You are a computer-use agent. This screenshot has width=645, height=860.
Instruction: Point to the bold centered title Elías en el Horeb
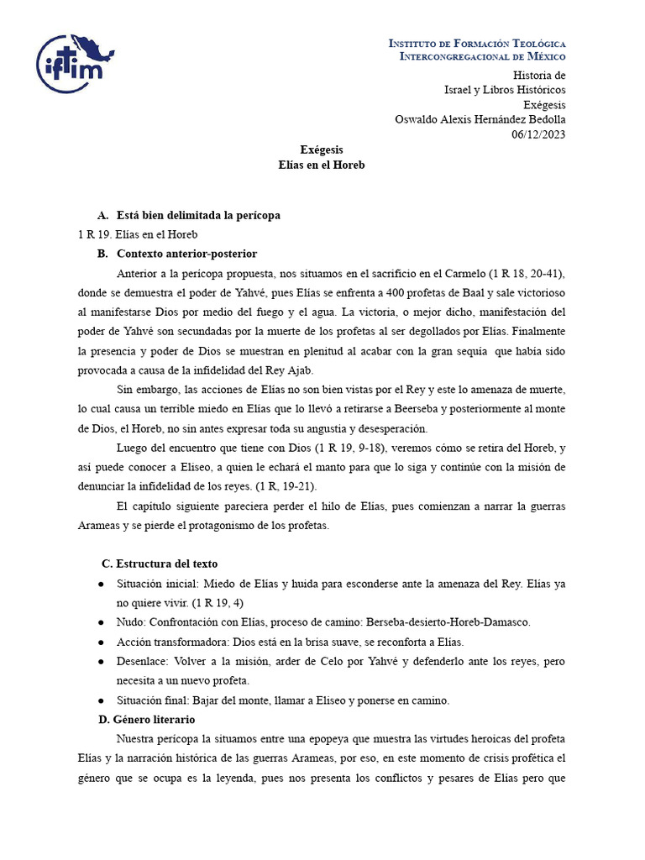pyautogui.click(x=322, y=165)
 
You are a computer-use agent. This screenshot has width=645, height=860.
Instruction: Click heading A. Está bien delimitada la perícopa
pyautogui.click(x=198, y=216)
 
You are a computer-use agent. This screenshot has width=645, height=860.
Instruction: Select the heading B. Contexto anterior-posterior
pyautogui.click(x=186, y=254)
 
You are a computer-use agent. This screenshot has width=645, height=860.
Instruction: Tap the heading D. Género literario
pyautogui.click(x=155, y=720)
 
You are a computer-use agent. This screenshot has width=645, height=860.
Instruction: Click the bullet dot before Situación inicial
pyautogui.click(x=101, y=584)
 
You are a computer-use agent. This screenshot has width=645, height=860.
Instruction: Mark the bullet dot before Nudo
pyautogui.click(x=101, y=622)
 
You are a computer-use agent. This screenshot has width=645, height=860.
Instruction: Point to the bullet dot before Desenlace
pyautogui.click(x=101, y=662)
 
